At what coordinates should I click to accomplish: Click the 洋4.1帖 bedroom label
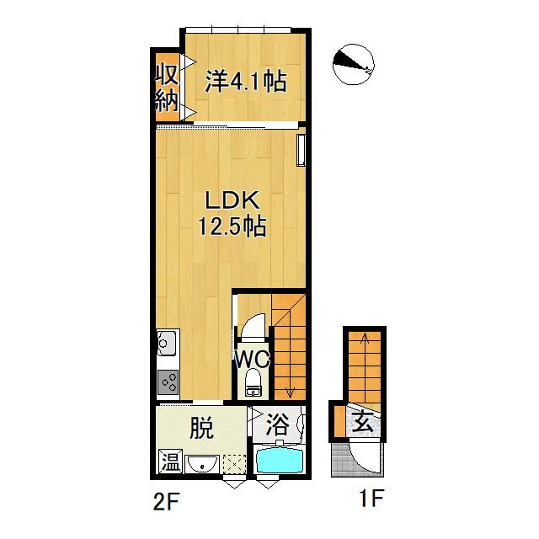[x=246, y=82]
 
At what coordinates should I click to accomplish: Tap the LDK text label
[x=232, y=200]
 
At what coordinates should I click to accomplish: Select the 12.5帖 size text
[x=232, y=226]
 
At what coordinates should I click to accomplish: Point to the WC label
[x=253, y=360]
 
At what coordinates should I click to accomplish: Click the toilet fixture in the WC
[x=253, y=382]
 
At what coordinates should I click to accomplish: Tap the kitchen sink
[x=168, y=343]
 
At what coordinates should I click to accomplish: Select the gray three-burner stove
[x=168, y=382]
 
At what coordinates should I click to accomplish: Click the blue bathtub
[x=279, y=461]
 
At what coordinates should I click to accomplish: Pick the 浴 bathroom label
[x=278, y=424]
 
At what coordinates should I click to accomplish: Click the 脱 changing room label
[x=202, y=427]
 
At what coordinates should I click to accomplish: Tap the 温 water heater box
[x=171, y=462]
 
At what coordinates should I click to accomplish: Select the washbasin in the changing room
[x=202, y=464]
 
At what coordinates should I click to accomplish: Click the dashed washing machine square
[x=234, y=464]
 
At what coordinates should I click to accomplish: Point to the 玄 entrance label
[x=363, y=423]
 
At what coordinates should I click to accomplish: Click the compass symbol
[x=353, y=65]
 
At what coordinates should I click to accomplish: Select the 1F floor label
[x=371, y=498]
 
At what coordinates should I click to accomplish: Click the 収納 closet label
[x=167, y=88]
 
